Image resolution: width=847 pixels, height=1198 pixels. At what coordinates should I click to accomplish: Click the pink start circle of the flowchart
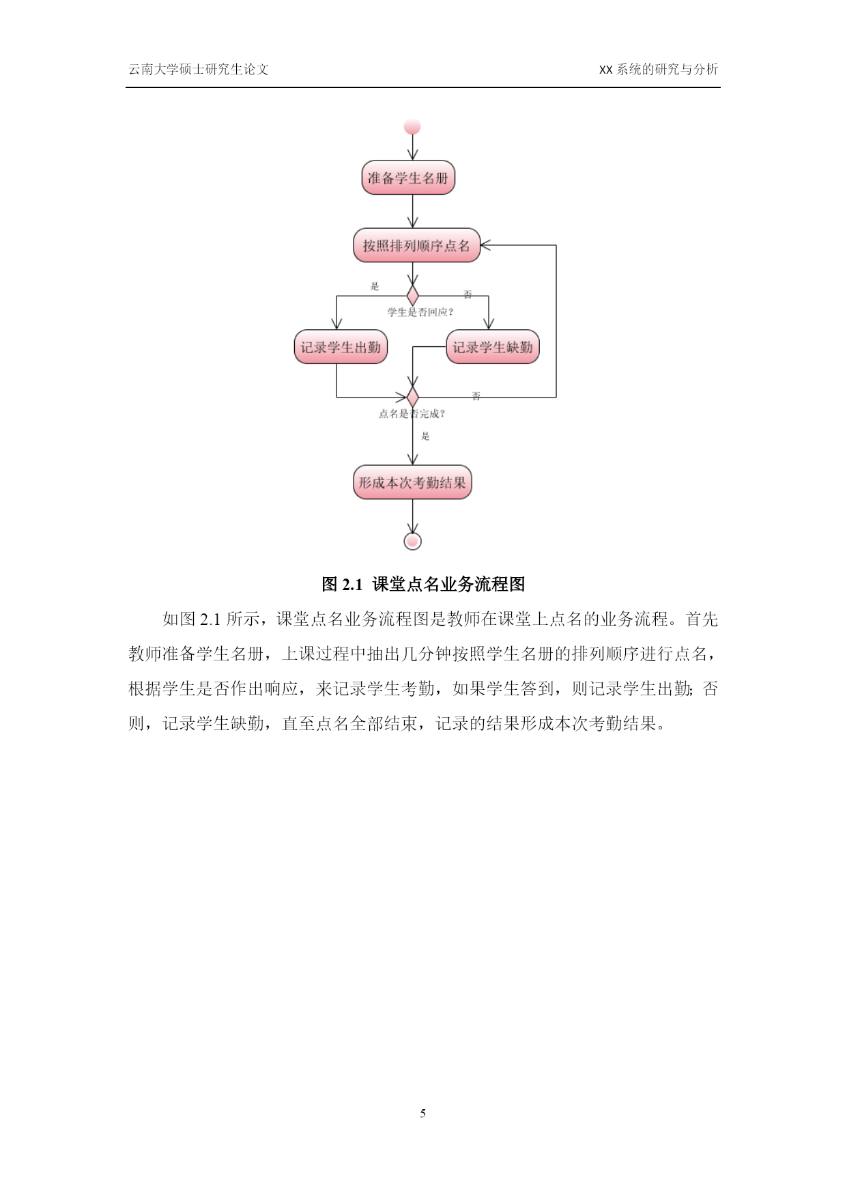pyautogui.click(x=412, y=127)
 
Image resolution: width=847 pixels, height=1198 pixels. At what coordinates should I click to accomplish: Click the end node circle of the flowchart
pyautogui.click(x=412, y=541)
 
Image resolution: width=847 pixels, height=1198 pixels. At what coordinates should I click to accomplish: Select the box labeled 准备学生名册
pyautogui.click(x=408, y=178)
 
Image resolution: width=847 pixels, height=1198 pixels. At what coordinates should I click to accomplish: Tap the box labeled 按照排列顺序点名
pyautogui.click(x=416, y=245)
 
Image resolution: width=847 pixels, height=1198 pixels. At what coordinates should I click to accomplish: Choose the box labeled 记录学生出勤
pyautogui.click(x=341, y=347)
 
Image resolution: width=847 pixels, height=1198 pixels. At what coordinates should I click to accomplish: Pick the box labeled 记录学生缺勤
pyautogui.click(x=493, y=347)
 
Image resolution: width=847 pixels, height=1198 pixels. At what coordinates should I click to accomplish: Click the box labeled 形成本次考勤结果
pyautogui.click(x=412, y=483)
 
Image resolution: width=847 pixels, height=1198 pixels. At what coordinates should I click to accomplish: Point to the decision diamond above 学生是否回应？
pyautogui.click(x=412, y=296)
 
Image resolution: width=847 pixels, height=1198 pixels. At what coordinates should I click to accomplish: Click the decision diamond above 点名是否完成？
pyautogui.click(x=412, y=397)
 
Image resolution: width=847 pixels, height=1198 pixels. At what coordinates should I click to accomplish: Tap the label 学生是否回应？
pyautogui.click(x=420, y=312)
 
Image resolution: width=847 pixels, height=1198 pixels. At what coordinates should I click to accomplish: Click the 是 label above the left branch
pyautogui.click(x=374, y=286)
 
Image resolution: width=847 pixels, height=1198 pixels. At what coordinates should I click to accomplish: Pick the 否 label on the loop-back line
pyautogui.click(x=476, y=396)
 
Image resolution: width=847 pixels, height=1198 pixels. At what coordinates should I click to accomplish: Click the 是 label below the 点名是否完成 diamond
pyautogui.click(x=426, y=436)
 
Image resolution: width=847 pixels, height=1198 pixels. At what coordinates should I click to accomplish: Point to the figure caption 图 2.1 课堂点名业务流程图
pyautogui.click(x=423, y=585)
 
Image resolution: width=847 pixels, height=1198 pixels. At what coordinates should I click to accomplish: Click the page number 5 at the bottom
pyautogui.click(x=423, y=1113)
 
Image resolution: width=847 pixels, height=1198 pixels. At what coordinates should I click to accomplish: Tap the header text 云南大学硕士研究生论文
pyautogui.click(x=199, y=69)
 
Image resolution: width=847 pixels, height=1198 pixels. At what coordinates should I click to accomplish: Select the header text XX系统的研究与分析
pyautogui.click(x=658, y=69)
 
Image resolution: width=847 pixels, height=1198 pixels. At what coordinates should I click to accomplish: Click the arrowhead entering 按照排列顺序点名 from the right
pyautogui.click(x=485, y=245)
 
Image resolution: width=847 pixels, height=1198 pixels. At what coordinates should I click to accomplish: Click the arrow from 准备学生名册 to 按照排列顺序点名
pyautogui.click(x=412, y=211)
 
